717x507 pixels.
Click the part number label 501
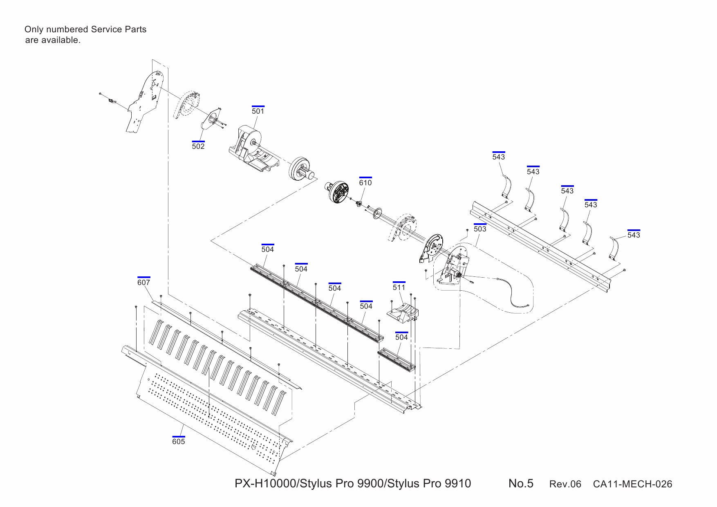tap(258, 111)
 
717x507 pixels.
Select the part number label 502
tap(198, 146)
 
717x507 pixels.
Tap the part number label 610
tap(365, 182)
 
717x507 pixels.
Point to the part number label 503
tap(480, 229)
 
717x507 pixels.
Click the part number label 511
tap(399, 287)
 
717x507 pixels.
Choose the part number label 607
tap(143, 282)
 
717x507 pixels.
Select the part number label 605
tap(179, 441)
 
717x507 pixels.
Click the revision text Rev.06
tap(565, 484)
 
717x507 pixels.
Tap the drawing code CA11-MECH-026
tap(632, 484)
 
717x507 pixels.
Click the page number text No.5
tap(521, 483)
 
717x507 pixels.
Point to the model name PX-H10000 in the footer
tap(265, 484)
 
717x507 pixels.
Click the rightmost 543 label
tap(634, 235)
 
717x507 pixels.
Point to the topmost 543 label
tap(498, 157)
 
